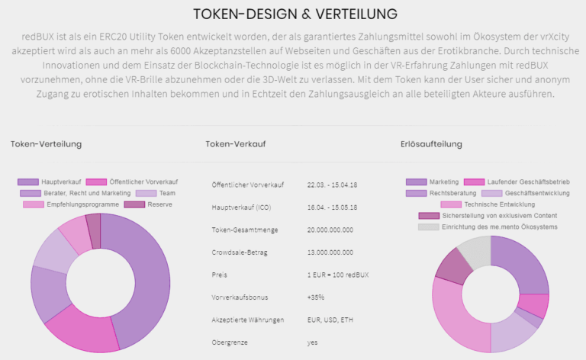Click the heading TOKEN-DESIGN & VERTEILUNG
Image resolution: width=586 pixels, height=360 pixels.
[295, 14]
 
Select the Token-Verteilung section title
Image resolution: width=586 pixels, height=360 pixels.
[46, 143]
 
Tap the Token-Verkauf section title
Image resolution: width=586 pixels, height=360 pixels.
[235, 143]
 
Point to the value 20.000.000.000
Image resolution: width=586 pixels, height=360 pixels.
[330, 230]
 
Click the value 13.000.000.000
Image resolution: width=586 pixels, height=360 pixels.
[330, 252]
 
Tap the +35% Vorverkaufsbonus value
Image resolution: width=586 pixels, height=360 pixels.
[316, 297]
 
